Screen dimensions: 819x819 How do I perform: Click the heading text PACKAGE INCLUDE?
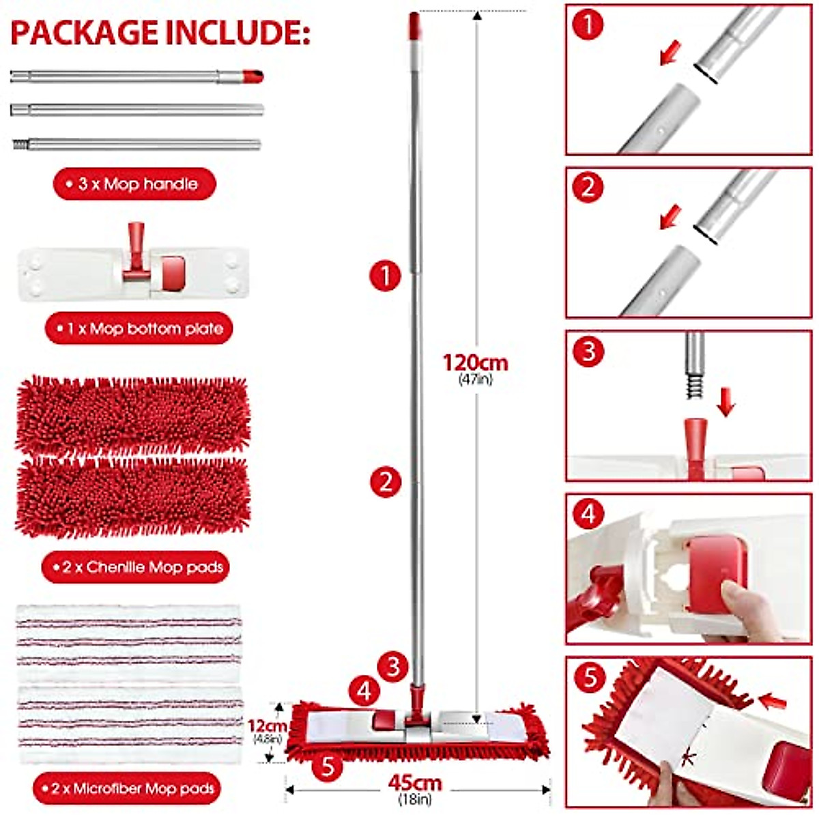point(160,33)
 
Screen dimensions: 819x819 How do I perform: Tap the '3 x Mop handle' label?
point(134,184)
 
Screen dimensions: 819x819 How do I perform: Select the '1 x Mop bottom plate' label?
point(139,329)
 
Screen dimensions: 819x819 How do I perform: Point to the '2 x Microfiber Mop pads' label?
point(127,789)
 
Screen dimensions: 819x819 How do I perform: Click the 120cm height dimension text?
point(475,362)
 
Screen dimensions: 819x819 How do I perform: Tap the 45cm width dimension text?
point(415,783)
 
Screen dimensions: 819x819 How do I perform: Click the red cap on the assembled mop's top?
point(414,25)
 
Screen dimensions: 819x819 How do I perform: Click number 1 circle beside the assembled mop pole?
point(385,276)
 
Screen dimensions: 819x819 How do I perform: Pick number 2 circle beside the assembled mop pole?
point(386,482)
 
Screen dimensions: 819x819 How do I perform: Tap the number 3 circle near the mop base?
point(392,666)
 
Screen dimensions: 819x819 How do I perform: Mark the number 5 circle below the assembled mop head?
point(328,766)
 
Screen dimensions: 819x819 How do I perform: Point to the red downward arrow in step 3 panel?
point(726,402)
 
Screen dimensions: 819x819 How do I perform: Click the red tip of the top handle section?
point(253,76)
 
